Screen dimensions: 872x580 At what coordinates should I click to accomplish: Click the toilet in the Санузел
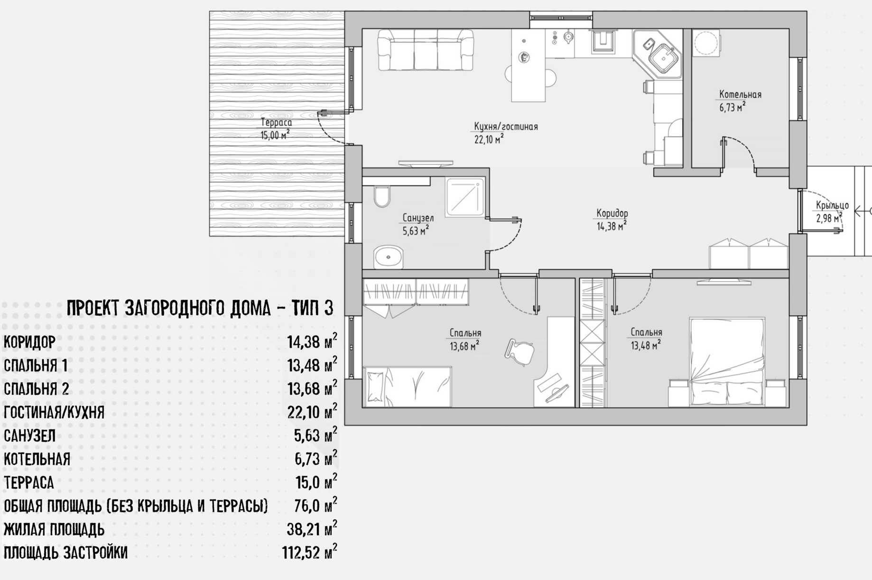[382, 196]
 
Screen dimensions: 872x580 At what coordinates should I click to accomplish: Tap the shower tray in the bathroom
[464, 197]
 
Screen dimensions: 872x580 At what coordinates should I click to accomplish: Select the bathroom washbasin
[389, 257]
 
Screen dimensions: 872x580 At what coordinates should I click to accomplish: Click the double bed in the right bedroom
[727, 362]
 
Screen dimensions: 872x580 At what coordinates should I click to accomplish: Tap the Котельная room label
[740, 94]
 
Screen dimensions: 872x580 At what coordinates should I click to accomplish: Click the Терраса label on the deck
[276, 122]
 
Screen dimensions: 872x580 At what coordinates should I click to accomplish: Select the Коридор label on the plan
[612, 213]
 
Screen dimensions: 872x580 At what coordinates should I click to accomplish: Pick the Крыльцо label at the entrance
[832, 205]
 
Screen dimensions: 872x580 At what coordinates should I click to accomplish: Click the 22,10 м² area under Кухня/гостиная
[489, 139]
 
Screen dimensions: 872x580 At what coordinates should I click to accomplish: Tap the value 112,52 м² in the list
[309, 552]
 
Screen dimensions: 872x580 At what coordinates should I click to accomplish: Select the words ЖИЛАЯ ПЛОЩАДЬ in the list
[54, 529]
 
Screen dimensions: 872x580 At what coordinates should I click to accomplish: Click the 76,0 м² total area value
[315, 506]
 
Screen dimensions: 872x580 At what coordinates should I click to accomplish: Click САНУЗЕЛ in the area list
[29, 435]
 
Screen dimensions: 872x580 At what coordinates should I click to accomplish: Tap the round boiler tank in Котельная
[705, 43]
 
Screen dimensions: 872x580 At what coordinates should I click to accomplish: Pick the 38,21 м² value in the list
[312, 529]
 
